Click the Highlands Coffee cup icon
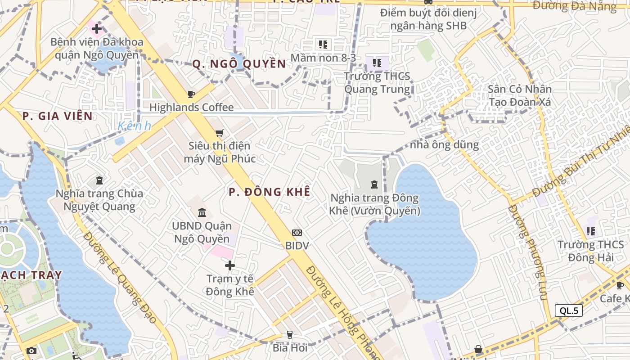pyautogui.click(x=191, y=94)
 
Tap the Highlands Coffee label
pyautogui.click(x=191, y=108)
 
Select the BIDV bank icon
pyautogui.click(x=297, y=233)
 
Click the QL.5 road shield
pyautogui.click(x=569, y=310)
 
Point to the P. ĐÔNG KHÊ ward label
pyautogui.click(x=269, y=192)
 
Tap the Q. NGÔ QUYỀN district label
pyautogui.click(x=239, y=64)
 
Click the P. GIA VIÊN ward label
pyautogui.click(x=58, y=116)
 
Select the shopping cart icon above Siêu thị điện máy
pyautogui.click(x=219, y=133)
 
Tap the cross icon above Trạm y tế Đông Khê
pyautogui.click(x=230, y=265)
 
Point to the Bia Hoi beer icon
pyautogui.click(x=290, y=335)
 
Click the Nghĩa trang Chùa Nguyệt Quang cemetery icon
pyautogui.click(x=99, y=181)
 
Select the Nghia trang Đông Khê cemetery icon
pyautogui.click(x=374, y=184)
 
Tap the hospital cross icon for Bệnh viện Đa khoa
pyautogui.click(x=96, y=29)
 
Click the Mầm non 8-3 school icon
pyautogui.click(x=323, y=44)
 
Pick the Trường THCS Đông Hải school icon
pyautogui.click(x=590, y=231)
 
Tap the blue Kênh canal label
pyautogui.click(x=135, y=126)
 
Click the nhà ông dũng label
pyautogui.click(x=444, y=145)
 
